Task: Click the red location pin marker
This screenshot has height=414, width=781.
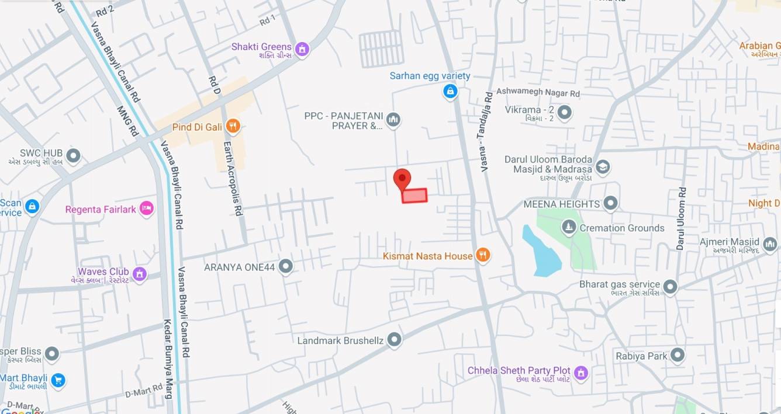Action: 402,179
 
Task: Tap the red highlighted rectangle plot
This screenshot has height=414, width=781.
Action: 414,196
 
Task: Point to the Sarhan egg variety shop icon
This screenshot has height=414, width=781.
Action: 450,91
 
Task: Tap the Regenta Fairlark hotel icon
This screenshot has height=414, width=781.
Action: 146,209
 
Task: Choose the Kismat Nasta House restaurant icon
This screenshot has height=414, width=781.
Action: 482,255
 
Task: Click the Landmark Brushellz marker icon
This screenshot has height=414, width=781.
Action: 395,339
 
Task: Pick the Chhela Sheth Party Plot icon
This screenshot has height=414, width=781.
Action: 580,372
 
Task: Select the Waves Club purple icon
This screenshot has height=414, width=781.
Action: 139,273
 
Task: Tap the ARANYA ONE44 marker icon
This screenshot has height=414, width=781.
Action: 285,267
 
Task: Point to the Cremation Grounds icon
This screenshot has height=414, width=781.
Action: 568,227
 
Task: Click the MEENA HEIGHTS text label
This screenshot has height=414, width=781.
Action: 561,204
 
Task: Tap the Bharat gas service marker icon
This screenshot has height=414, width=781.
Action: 670,287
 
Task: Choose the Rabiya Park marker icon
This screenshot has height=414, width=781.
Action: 677,355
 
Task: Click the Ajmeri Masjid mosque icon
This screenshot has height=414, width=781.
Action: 769,243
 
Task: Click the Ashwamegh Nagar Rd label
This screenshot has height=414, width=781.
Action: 538,92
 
